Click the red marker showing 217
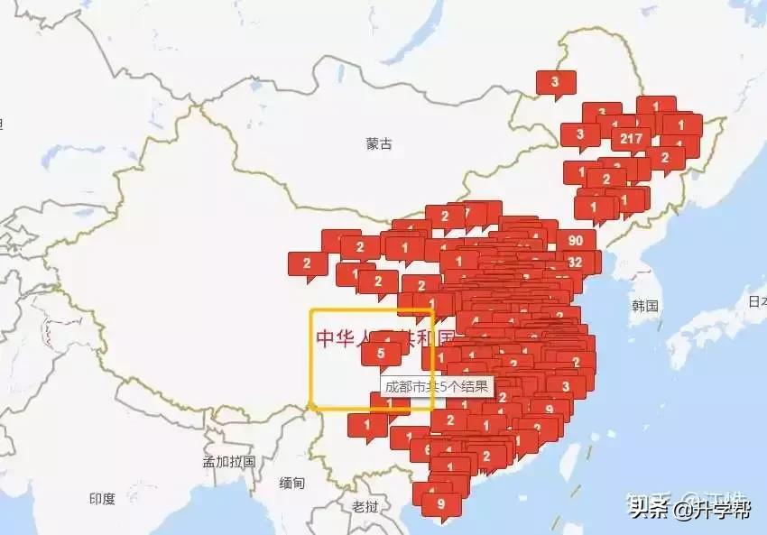pos(631,138)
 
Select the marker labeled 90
pos(576,240)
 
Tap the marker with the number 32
pos(576,262)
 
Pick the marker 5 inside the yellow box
pos(381,354)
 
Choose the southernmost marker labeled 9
pos(440,503)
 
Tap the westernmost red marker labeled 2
pos(307,263)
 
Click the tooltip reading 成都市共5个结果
pos(437,386)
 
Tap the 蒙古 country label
pos(379,143)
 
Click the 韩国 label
pos(645,306)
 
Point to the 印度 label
pos(102,498)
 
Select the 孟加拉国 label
pos(229,461)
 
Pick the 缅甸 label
pos(292,483)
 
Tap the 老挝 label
pos(365,505)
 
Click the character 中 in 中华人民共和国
pos(326,338)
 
